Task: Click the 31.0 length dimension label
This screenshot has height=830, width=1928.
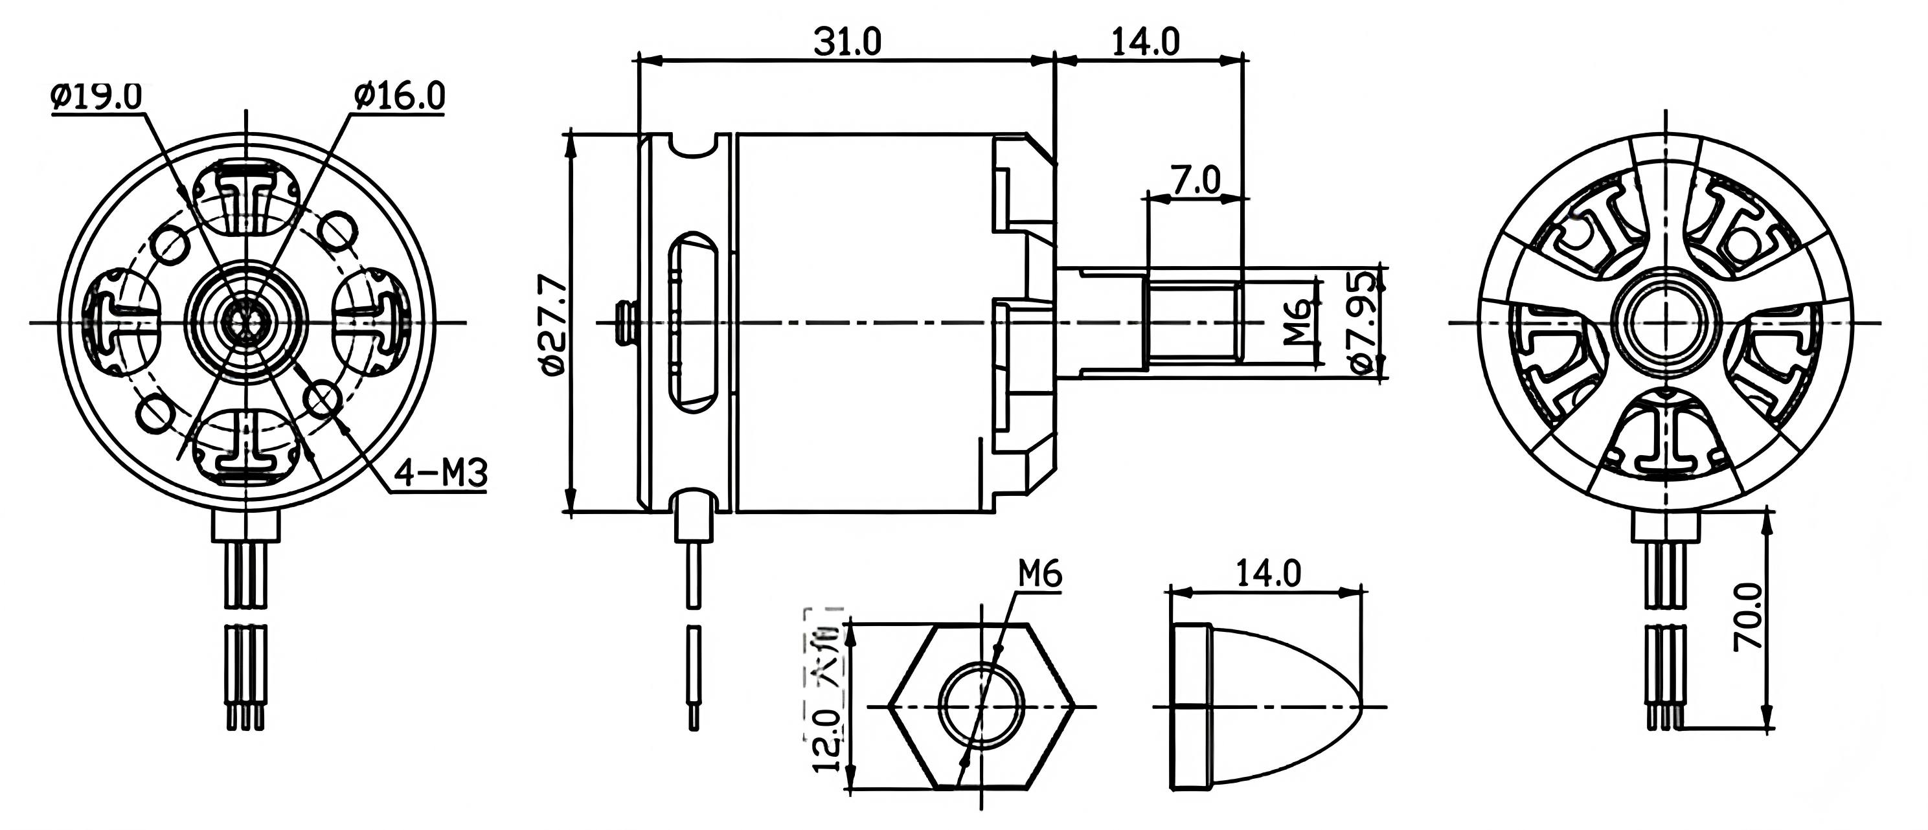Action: click(x=847, y=42)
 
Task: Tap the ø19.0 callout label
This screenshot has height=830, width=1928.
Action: click(x=96, y=96)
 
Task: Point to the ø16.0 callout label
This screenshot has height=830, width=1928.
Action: click(x=400, y=96)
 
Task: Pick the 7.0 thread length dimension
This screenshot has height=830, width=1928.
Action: click(x=1196, y=181)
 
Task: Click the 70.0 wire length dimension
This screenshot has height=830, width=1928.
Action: click(x=1749, y=618)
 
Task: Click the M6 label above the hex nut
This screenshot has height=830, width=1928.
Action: click(x=1039, y=575)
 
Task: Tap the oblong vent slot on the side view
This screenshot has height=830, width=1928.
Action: click(x=694, y=322)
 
